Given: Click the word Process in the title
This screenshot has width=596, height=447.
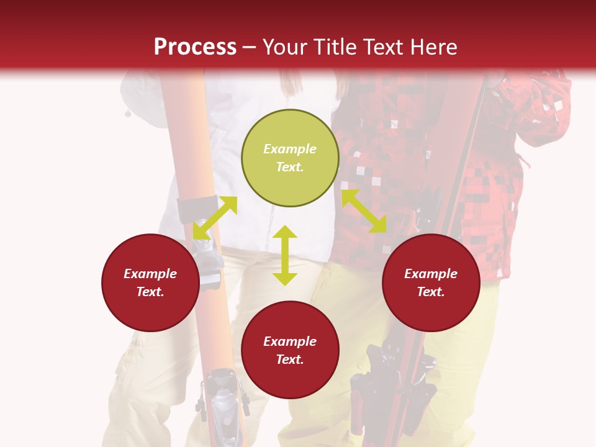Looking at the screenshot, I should (195, 47).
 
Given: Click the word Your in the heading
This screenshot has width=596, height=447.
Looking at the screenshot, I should (286, 47).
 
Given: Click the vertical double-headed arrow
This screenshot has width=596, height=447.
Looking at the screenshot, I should (285, 255).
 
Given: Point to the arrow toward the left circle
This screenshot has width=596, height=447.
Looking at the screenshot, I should (215, 218).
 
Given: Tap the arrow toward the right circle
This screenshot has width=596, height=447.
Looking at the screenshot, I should (364, 211).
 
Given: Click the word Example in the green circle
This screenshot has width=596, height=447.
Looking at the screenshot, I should (290, 149).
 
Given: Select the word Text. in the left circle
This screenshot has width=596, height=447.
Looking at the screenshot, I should (150, 292).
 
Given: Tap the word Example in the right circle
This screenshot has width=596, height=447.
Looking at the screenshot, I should (431, 274).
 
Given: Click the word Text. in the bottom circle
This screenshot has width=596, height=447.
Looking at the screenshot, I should (290, 359).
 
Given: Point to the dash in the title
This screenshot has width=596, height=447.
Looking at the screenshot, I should (250, 47).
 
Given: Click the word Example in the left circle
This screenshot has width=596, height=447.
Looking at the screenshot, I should (150, 274).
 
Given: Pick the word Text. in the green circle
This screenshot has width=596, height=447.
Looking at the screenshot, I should (290, 167).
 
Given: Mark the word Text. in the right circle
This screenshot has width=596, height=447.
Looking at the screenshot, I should (431, 292).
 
